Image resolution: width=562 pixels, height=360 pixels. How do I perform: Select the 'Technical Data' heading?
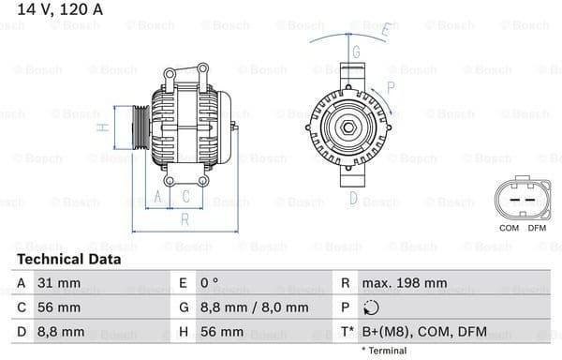tap(68, 259)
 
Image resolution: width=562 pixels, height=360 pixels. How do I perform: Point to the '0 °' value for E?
tap(211, 282)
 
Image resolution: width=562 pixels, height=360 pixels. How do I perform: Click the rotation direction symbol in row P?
tap(371, 307)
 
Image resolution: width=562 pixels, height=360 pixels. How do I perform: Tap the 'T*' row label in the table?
tap(346, 332)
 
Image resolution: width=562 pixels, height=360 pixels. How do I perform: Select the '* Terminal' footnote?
tap(384, 351)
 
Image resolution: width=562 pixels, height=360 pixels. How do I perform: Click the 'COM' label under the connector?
tap(509, 228)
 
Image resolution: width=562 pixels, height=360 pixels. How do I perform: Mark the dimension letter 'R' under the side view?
tap(185, 219)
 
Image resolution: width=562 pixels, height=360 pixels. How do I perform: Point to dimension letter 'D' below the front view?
tap(353, 198)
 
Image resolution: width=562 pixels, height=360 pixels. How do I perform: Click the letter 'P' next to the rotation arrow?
tap(390, 86)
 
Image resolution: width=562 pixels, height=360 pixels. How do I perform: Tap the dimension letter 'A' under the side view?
tap(158, 196)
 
